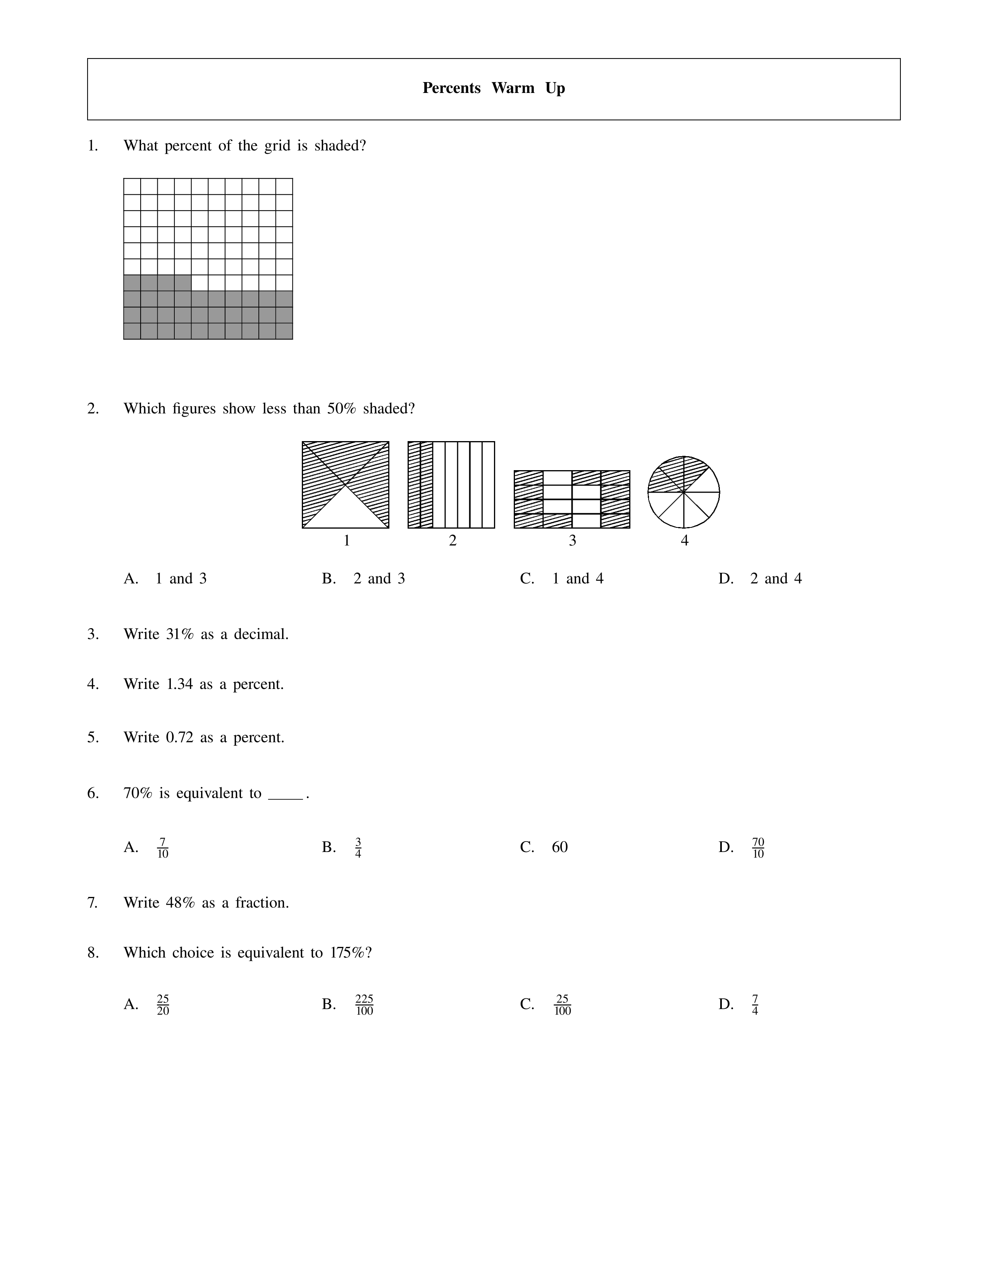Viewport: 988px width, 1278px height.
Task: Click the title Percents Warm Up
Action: (x=493, y=88)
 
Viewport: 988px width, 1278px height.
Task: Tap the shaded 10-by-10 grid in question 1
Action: (x=208, y=259)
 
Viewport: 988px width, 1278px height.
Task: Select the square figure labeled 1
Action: (x=345, y=484)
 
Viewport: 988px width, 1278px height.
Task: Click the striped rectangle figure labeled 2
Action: (x=451, y=484)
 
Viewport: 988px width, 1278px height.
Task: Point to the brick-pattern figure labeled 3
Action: (x=572, y=499)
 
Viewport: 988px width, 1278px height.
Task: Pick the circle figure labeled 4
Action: (x=683, y=493)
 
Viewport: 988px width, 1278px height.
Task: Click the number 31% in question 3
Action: (x=180, y=634)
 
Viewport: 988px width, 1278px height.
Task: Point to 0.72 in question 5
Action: (x=180, y=737)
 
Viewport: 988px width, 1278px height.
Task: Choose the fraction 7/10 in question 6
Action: (x=163, y=847)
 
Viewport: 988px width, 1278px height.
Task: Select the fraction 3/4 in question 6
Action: (x=358, y=847)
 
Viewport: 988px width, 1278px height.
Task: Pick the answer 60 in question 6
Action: (x=559, y=847)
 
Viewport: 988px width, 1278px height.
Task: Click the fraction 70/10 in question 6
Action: (x=758, y=847)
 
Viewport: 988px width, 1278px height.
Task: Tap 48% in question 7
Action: (x=180, y=903)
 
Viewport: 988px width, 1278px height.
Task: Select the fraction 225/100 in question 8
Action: (x=364, y=1005)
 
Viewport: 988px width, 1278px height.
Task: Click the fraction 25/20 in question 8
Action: (x=163, y=1005)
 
